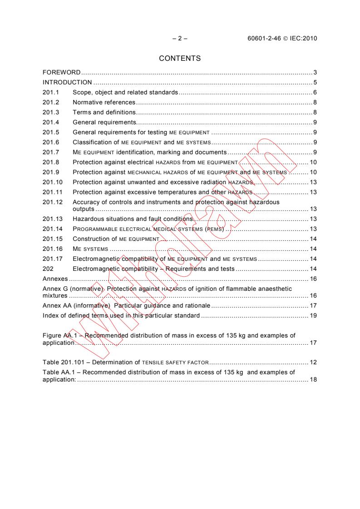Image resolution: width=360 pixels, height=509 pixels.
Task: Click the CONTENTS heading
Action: click(x=180, y=58)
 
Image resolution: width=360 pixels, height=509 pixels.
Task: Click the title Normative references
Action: click(x=104, y=103)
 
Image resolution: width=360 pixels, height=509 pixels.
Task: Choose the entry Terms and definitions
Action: click(x=104, y=113)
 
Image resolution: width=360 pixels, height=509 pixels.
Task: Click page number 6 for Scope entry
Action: click(x=315, y=93)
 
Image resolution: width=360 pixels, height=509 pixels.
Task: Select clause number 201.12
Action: click(x=50, y=202)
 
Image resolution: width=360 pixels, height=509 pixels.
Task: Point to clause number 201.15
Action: click(x=50, y=239)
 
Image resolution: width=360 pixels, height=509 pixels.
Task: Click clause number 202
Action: click(x=47, y=269)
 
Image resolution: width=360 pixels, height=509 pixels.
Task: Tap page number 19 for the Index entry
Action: click(x=313, y=315)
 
